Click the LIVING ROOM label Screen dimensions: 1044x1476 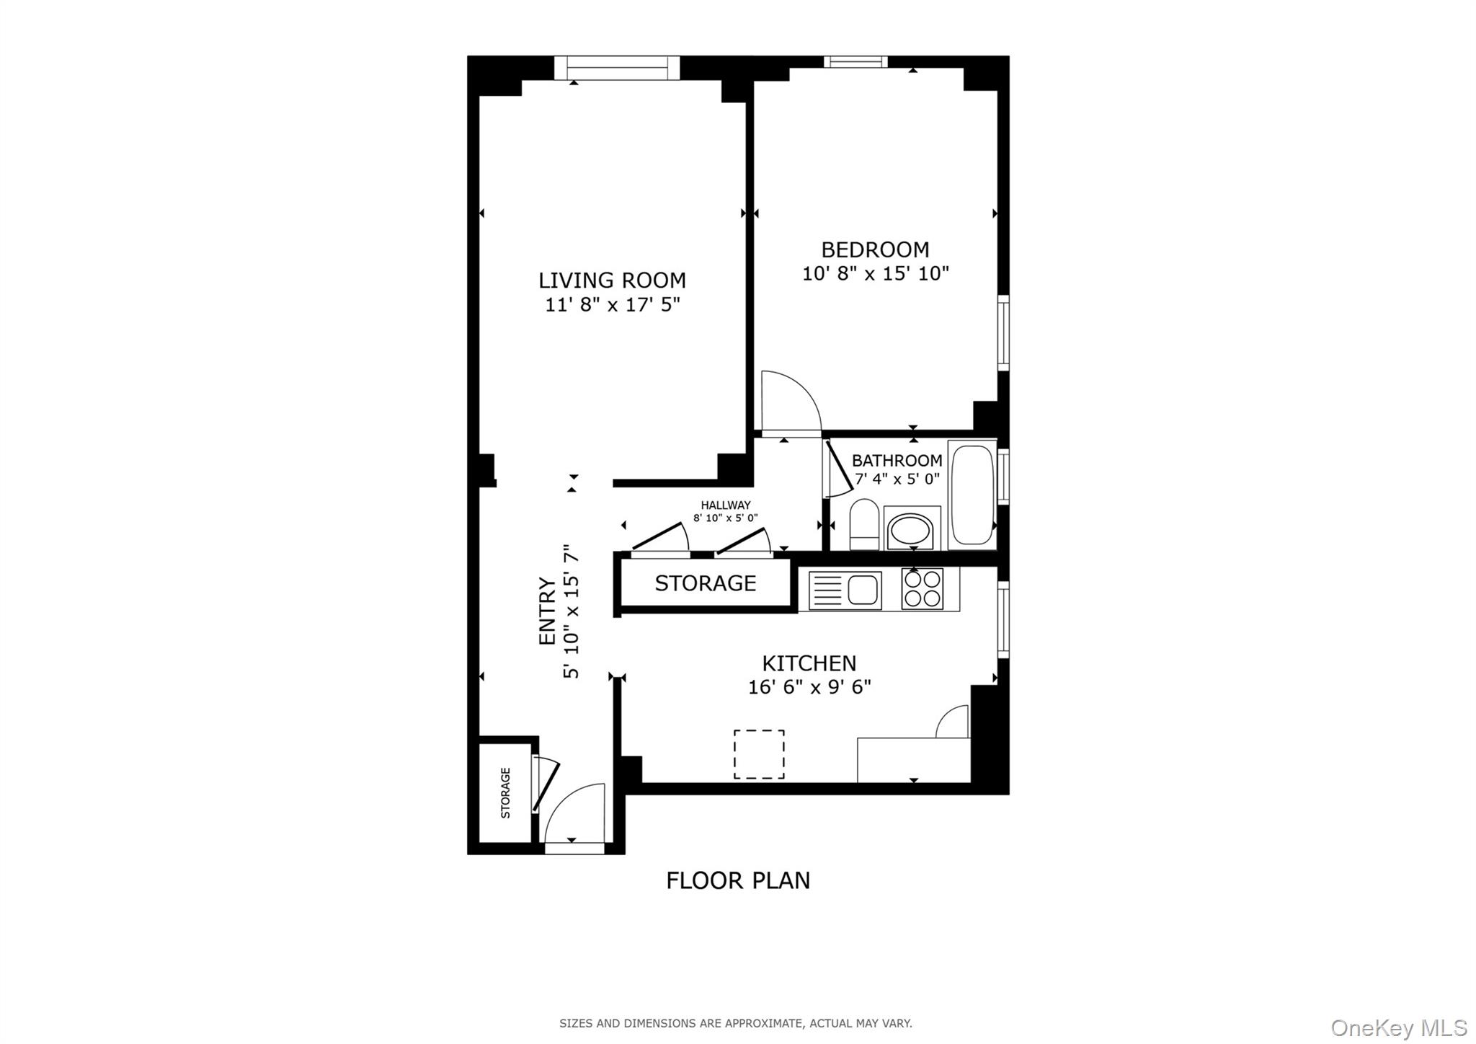click(612, 280)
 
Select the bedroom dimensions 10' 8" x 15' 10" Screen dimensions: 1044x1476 click(875, 274)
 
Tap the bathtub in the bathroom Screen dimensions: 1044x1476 click(972, 495)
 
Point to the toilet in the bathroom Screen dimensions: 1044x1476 click(863, 524)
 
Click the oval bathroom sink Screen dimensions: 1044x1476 click(911, 531)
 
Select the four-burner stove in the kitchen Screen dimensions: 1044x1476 click(922, 589)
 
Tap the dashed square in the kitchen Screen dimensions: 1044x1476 click(759, 754)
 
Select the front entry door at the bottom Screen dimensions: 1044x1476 click(574, 818)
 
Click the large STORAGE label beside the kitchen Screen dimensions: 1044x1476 click(705, 583)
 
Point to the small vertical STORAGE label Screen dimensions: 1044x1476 click(505, 792)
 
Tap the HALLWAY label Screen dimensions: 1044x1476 click(725, 505)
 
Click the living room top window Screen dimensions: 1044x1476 click(617, 68)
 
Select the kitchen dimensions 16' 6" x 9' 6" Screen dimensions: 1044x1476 click(809, 687)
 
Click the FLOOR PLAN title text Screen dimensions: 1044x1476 click(738, 880)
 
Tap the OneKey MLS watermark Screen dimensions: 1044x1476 click(1398, 1027)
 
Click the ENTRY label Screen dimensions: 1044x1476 click(548, 611)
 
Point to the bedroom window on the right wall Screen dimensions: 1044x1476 click(1002, 332)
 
